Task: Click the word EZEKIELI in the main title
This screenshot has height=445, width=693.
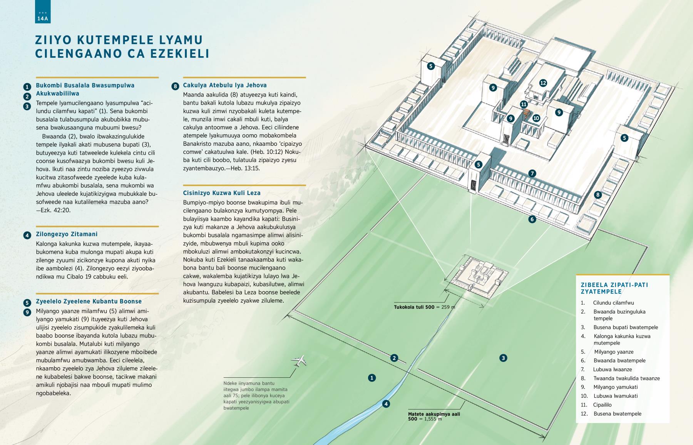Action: coord(180,53)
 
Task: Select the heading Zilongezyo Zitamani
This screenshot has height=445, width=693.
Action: coord(67,234)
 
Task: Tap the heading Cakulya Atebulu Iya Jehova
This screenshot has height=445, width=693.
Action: coord(225,85)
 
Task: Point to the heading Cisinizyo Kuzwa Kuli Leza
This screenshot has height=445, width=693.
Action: coord(222,193)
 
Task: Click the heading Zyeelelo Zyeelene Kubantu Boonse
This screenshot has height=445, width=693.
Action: coord(89,302)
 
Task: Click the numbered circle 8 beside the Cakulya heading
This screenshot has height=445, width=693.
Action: coord(176,86)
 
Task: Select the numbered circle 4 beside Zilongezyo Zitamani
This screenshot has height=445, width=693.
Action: coord(27,235)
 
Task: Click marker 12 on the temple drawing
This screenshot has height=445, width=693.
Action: coord(543,83)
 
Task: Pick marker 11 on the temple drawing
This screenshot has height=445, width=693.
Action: coord(524,104)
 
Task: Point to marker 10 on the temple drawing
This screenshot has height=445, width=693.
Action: coord(536,118)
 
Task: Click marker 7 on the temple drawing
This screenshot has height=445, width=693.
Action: coord(532,173)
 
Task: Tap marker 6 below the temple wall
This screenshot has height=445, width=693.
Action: coord(532,219)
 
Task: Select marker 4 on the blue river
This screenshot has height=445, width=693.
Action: coord(386,404)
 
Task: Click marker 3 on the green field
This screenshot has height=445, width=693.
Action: coord(503,358)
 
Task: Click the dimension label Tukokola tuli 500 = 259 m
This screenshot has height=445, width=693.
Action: coord(424,307)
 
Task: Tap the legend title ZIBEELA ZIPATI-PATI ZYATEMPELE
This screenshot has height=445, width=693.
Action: coord(614,288)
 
